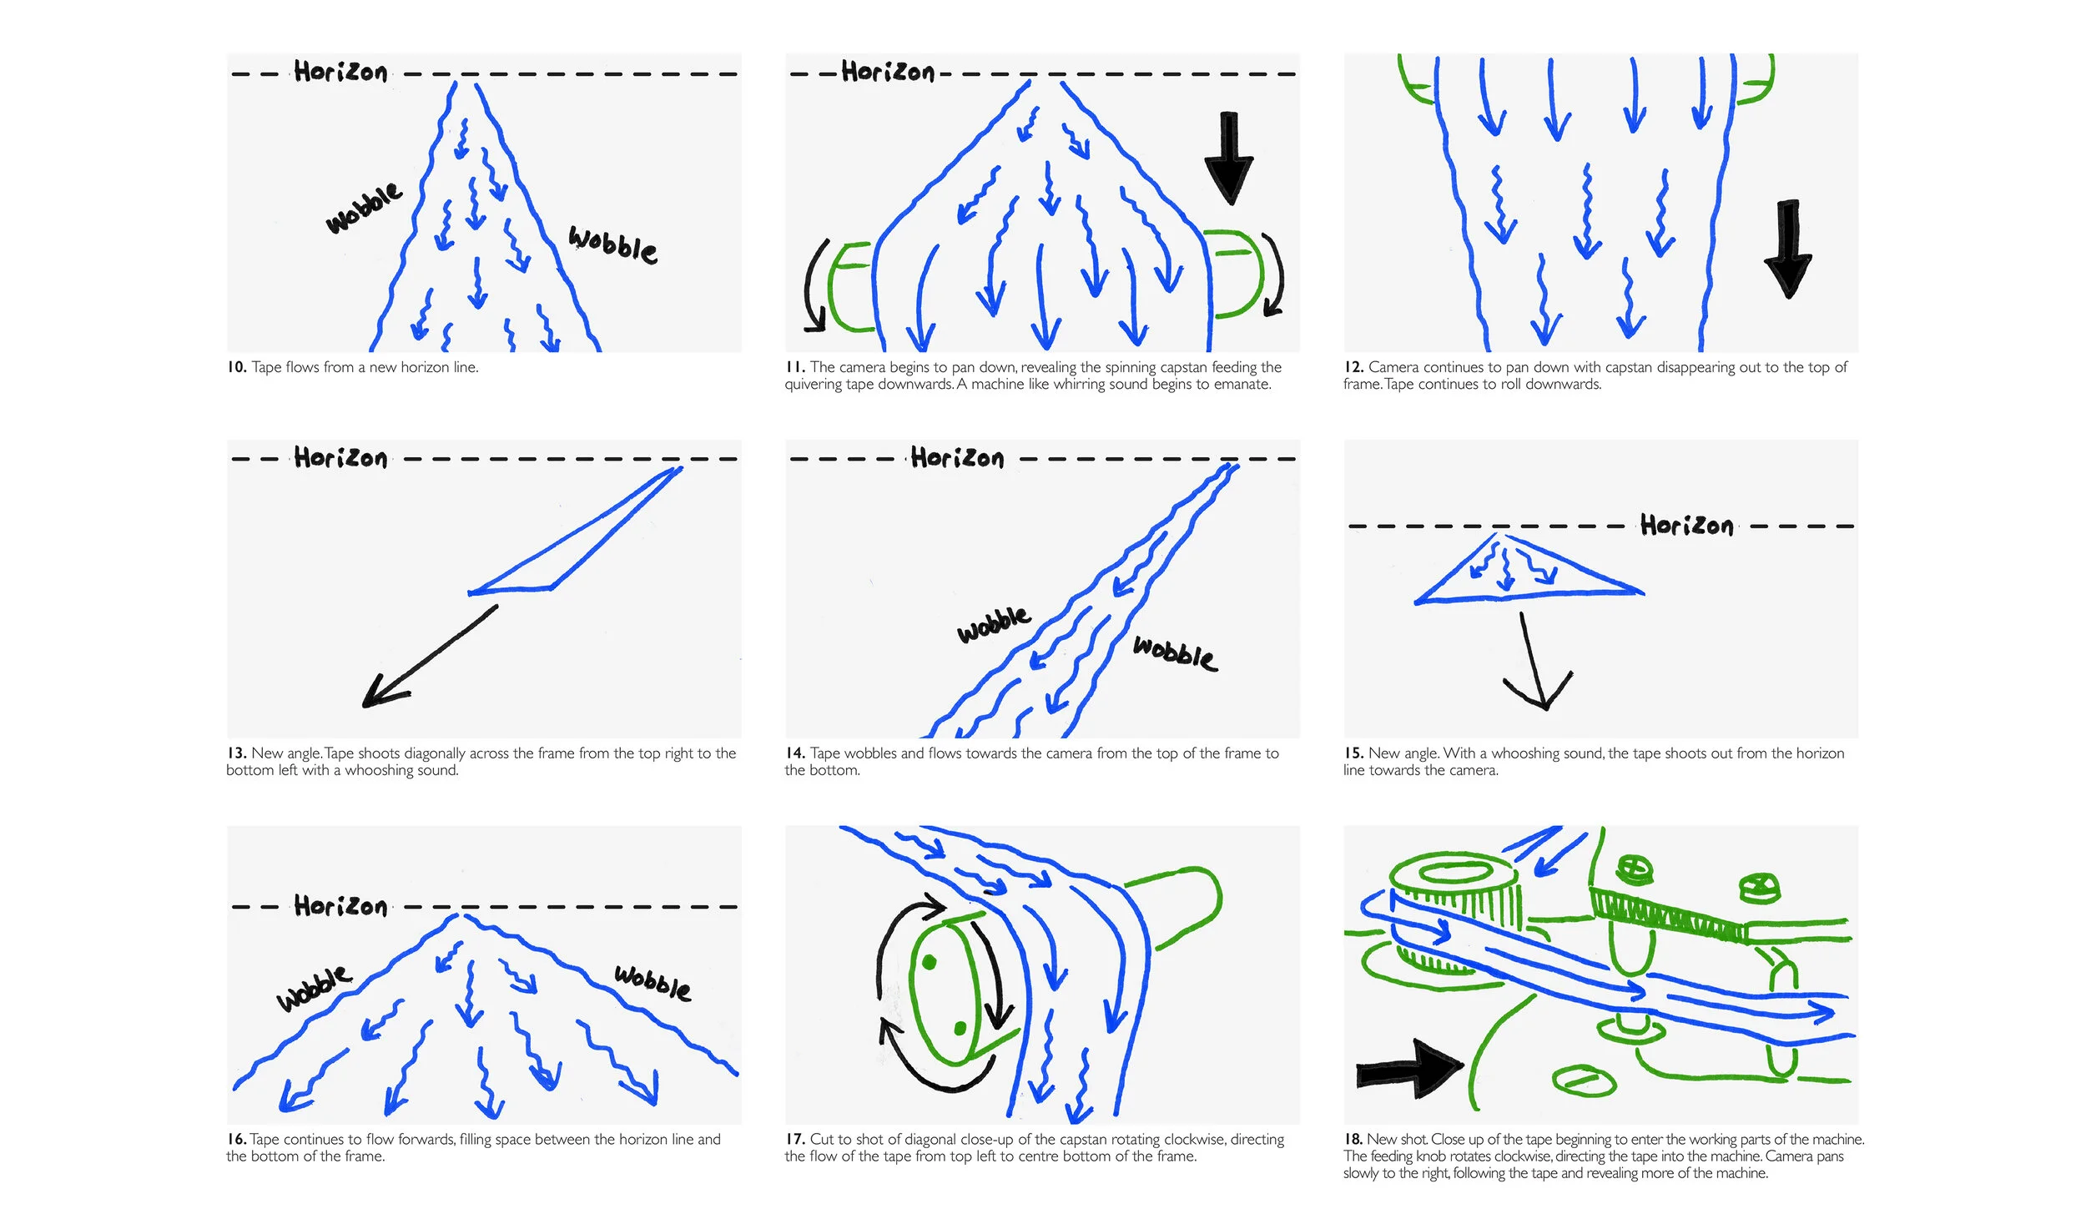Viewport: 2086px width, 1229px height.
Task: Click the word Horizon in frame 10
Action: coord(340,73)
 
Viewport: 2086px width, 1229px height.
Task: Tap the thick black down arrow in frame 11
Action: coord(1228,158)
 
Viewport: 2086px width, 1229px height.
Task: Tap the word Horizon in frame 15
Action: coord(1686,526)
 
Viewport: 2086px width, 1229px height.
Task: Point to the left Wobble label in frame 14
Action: coord(993,624)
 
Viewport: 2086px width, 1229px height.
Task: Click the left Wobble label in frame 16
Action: coord(314,990)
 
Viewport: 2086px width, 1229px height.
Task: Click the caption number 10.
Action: coord(236,367)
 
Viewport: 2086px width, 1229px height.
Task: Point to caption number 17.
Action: coord(794,1139)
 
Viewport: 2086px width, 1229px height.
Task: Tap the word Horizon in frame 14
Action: coord(957,458)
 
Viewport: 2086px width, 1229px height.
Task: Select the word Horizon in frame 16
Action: coord(340,906)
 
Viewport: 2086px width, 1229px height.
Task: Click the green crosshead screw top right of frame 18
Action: coord(1760,889)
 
